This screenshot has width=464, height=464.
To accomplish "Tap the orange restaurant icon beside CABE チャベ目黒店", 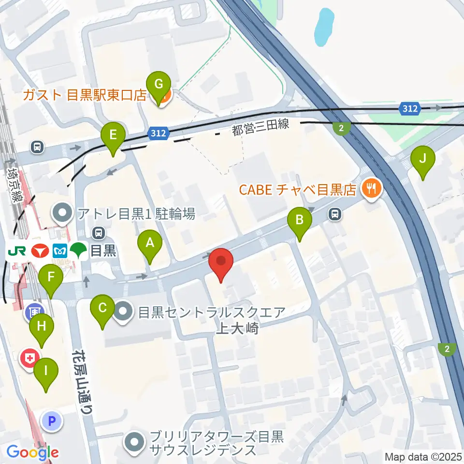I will pyautogui.click(x=371, y=188).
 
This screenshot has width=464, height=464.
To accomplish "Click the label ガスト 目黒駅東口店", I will pyautogui.click(x=86, y=95).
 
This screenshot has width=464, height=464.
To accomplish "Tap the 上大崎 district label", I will pyautogui.click(x=237, y=329).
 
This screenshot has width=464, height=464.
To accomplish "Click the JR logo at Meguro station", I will pyautogui.click(x=17, y=251).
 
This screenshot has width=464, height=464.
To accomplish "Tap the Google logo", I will pyautogui.click(x=33, y=452).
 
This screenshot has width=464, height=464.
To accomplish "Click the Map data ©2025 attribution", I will pyautogui.click(x=423, y=457).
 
